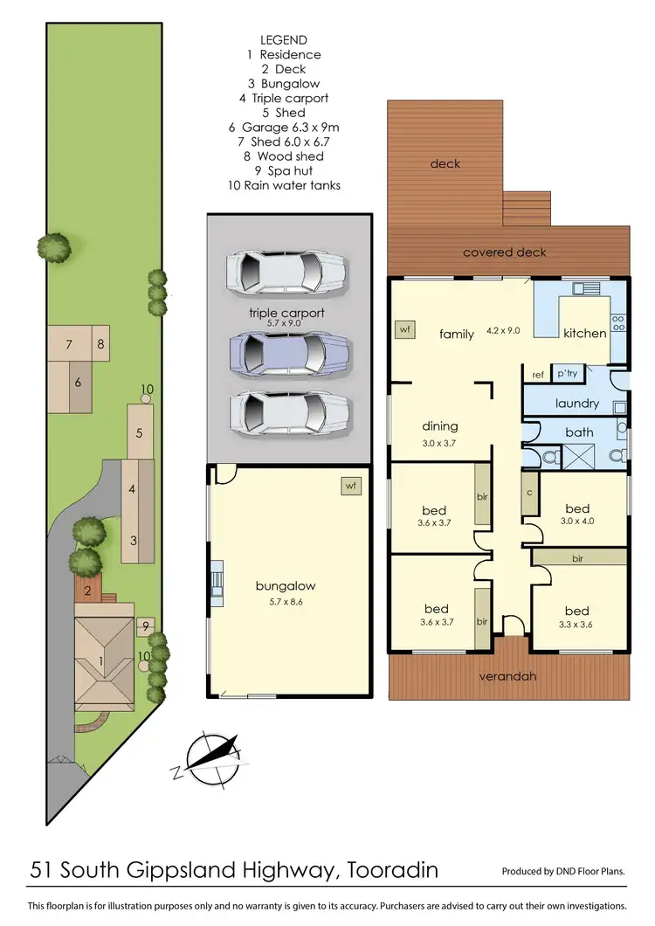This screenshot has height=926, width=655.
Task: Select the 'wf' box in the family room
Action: pyautogui.click(x=403, y=329)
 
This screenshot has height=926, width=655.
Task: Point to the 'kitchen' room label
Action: pyautogui.click(x=584, y=334)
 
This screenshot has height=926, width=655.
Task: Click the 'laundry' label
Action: pyautogui.click(x=577, y=404)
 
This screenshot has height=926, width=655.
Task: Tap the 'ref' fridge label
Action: pyautogui.click(x=538, y=375)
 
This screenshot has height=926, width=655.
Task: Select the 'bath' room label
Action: pyautogui.click(x=579, y=432)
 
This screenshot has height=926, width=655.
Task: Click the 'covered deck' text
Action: pyautogui.click(x=505, y=252)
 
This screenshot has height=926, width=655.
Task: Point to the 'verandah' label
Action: pyautogui.click(x=507, y=676)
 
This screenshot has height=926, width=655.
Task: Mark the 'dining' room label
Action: pyautogui.click(x=439, y=426)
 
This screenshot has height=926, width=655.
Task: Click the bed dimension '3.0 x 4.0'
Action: pyautogui.click(x=577, y=523)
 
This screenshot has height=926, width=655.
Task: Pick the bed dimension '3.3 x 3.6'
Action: pyautogui.click(x=576, y=625)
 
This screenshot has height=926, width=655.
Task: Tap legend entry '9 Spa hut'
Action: pyautogui.click(x=283, y=170)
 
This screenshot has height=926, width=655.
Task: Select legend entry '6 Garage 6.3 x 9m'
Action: pyautogui.click(x=283, y=127)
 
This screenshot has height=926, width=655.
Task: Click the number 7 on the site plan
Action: pyautogui.click(x=67, y=344)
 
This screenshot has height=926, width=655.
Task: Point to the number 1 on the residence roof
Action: pyautogui.click(x=101, y=661)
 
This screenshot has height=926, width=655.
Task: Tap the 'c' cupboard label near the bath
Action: pyautogui.click(x=530, y=491)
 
